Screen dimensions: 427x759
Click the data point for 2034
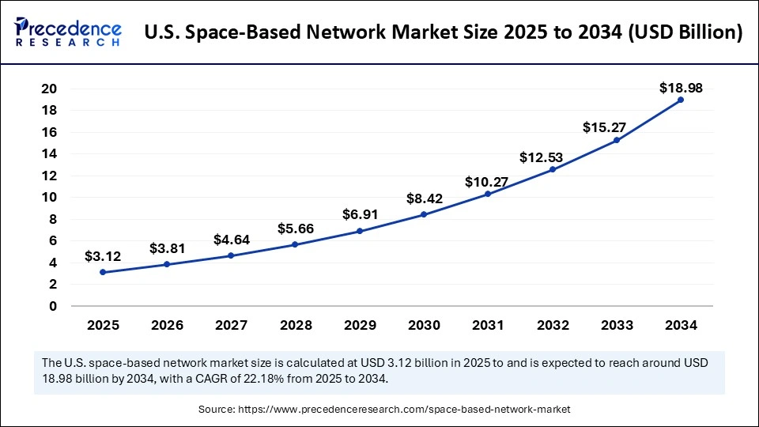pos(680,100)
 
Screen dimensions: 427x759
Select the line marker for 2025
pos(104,272)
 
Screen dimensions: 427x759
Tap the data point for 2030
pos(424,214)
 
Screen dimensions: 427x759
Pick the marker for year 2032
pos(552,170)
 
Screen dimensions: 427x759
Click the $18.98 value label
pos(680,88)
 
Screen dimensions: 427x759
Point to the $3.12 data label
pos(104,256)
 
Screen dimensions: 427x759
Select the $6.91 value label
pos(360,214)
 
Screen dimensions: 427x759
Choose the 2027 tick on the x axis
pos(232,324)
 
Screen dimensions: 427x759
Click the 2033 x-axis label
pos(616,324)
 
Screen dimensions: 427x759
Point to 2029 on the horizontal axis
pos(360,324)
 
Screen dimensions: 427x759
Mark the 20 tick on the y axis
pos(50,89)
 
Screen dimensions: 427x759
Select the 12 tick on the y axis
pos(50,176)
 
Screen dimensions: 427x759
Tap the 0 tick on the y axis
pos(53,306)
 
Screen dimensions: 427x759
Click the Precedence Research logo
pos(67,32)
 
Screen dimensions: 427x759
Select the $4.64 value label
pos(232,239)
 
